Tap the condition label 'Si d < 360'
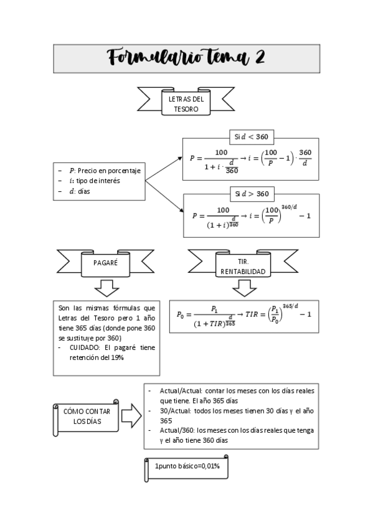tap(250, 136)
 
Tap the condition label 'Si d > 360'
tap(251, 193)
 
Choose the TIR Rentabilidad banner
tap(243, 267)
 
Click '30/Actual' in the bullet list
tap(172, 410)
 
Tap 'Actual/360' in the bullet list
tap(176, 430)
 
